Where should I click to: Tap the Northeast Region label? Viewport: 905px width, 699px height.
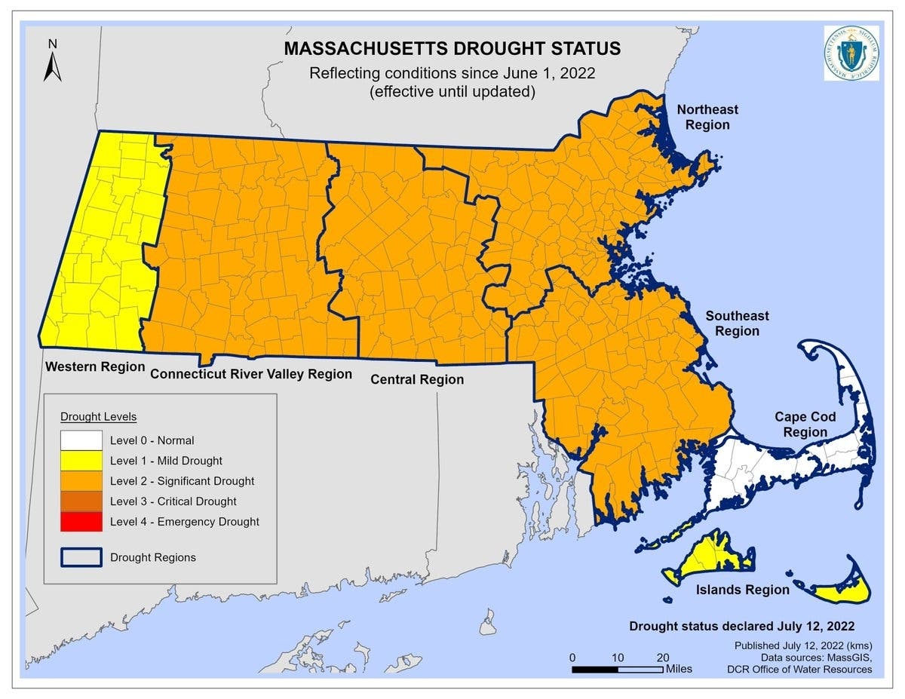coord(707,117)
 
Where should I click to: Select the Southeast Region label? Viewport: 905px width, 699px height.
coord(737,323)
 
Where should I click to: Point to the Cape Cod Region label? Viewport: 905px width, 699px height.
coord(805,425)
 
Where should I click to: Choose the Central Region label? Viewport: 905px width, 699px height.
coord(417,380)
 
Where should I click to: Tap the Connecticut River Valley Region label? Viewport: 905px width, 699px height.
coord(251,374)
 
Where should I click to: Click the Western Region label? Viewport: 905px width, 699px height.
coord(95,367)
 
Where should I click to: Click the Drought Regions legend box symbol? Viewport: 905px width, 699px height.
coord(81,557)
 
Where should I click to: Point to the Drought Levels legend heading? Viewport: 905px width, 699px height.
coord(98,416)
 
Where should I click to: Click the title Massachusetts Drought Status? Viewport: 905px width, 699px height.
coord(452,49)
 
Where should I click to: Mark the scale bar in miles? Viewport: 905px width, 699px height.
coord(618,669)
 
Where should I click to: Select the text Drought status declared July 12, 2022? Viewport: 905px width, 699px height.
coord(742,627)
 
